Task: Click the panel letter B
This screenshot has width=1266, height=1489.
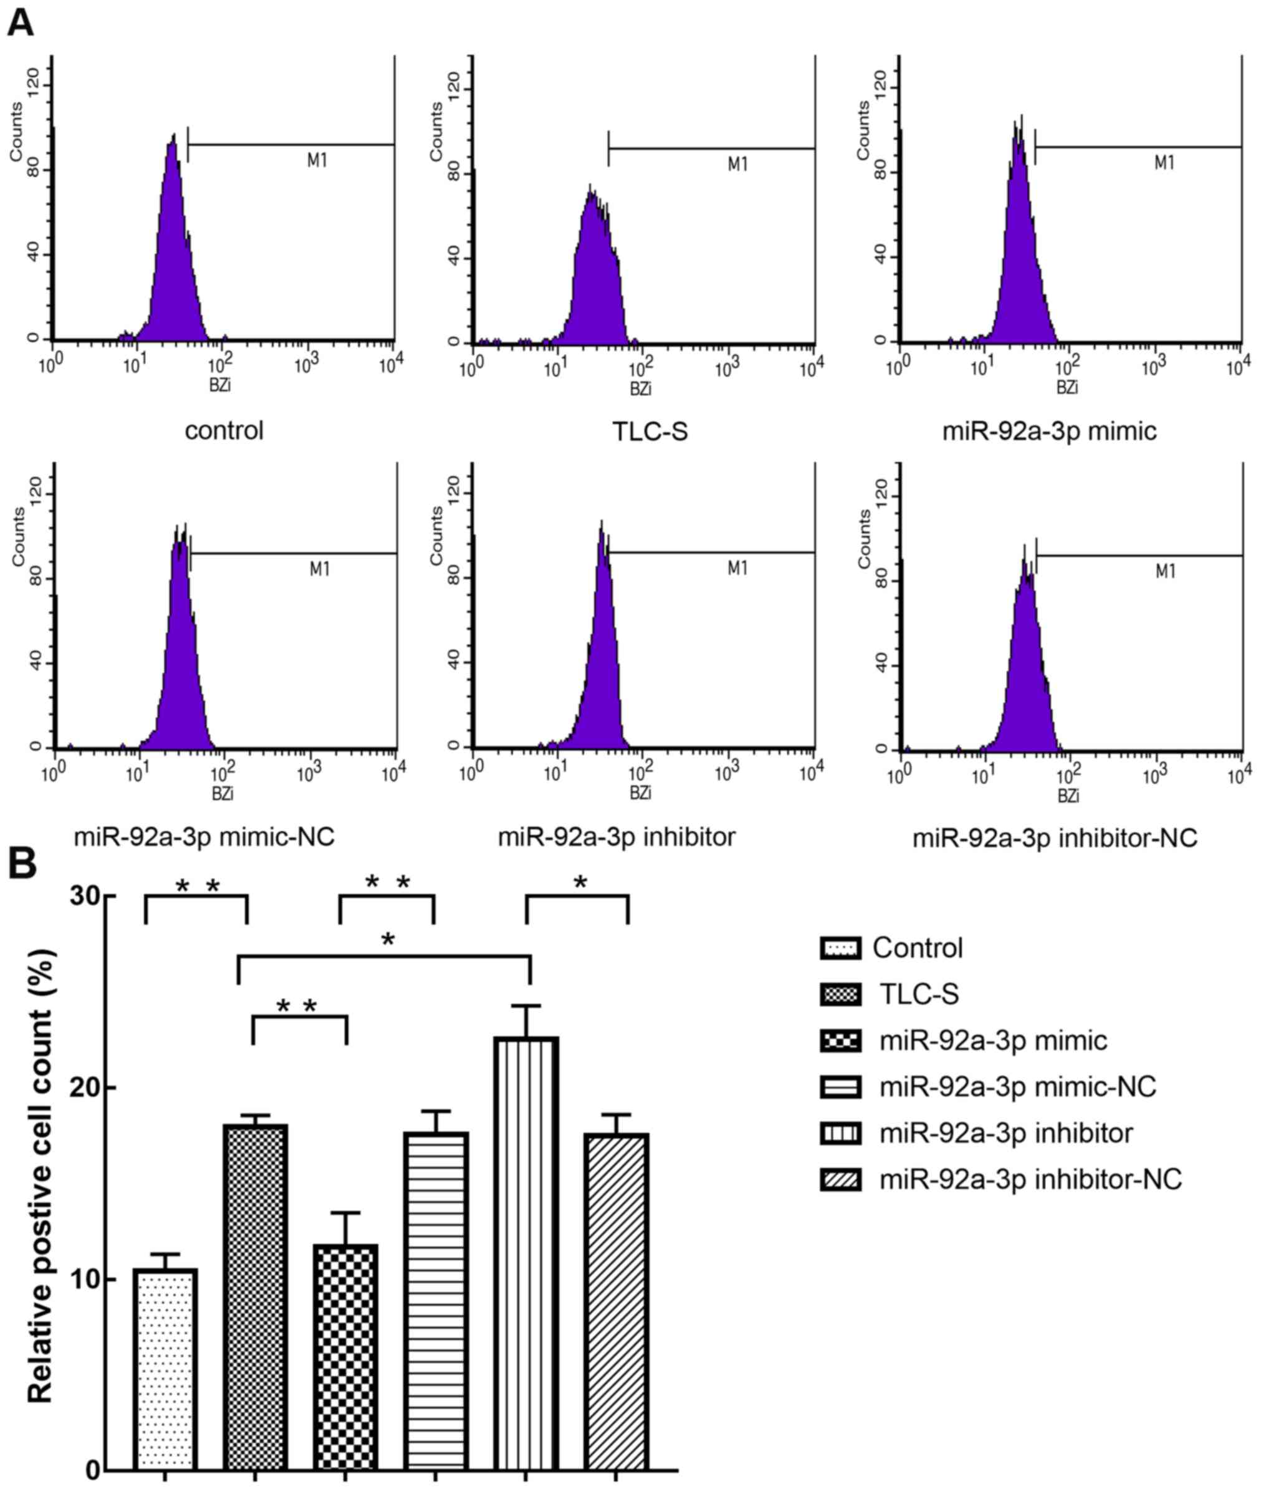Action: (22, 864)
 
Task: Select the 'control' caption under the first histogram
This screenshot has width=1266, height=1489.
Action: (224, 431)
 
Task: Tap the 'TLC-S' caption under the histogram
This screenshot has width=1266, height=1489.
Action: (650, 431)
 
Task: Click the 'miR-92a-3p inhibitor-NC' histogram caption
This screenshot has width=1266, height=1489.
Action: (1054, 838)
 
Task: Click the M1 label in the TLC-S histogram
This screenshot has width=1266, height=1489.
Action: (737, 165)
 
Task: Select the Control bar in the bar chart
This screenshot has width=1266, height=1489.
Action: (165, 1367)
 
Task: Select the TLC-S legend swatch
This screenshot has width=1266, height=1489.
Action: (840, 995)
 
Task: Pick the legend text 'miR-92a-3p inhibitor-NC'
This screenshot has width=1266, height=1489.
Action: (1030, 1179)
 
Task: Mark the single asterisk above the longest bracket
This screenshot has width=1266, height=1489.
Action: (388, 940)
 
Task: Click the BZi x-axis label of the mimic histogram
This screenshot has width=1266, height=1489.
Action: (1067, 388)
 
